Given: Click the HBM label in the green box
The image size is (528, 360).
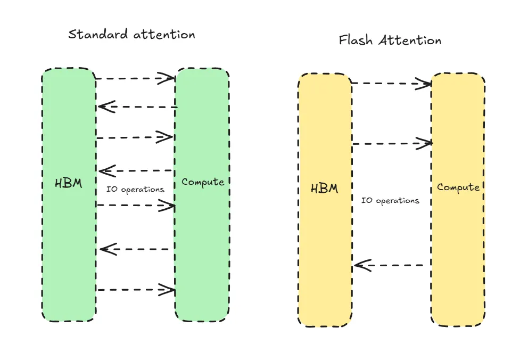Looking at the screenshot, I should tap(69, 184).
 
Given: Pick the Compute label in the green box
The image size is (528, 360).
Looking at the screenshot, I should tap(203, 182).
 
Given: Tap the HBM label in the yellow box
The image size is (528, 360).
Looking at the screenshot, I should tap(324, 189).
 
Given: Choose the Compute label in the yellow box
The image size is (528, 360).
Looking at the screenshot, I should tap(458, 187).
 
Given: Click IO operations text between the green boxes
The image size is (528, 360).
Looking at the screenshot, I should tap(136, 190).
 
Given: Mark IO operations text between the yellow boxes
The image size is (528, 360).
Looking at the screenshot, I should tap(391, 201).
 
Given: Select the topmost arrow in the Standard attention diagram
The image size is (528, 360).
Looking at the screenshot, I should tap(136, 79).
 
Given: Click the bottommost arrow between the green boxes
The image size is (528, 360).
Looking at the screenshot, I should tap(136, 290).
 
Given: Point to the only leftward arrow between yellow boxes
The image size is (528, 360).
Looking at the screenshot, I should tap(389, 265).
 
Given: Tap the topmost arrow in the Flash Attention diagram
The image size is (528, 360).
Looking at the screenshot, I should tap(391, 83).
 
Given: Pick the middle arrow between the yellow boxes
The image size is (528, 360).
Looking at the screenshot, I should tap(391, 143).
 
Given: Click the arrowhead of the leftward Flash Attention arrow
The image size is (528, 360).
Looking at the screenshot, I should tap(359, 265).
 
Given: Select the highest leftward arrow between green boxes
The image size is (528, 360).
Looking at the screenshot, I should tap(137, 107).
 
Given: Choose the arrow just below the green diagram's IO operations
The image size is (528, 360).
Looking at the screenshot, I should tap(136, 206).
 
